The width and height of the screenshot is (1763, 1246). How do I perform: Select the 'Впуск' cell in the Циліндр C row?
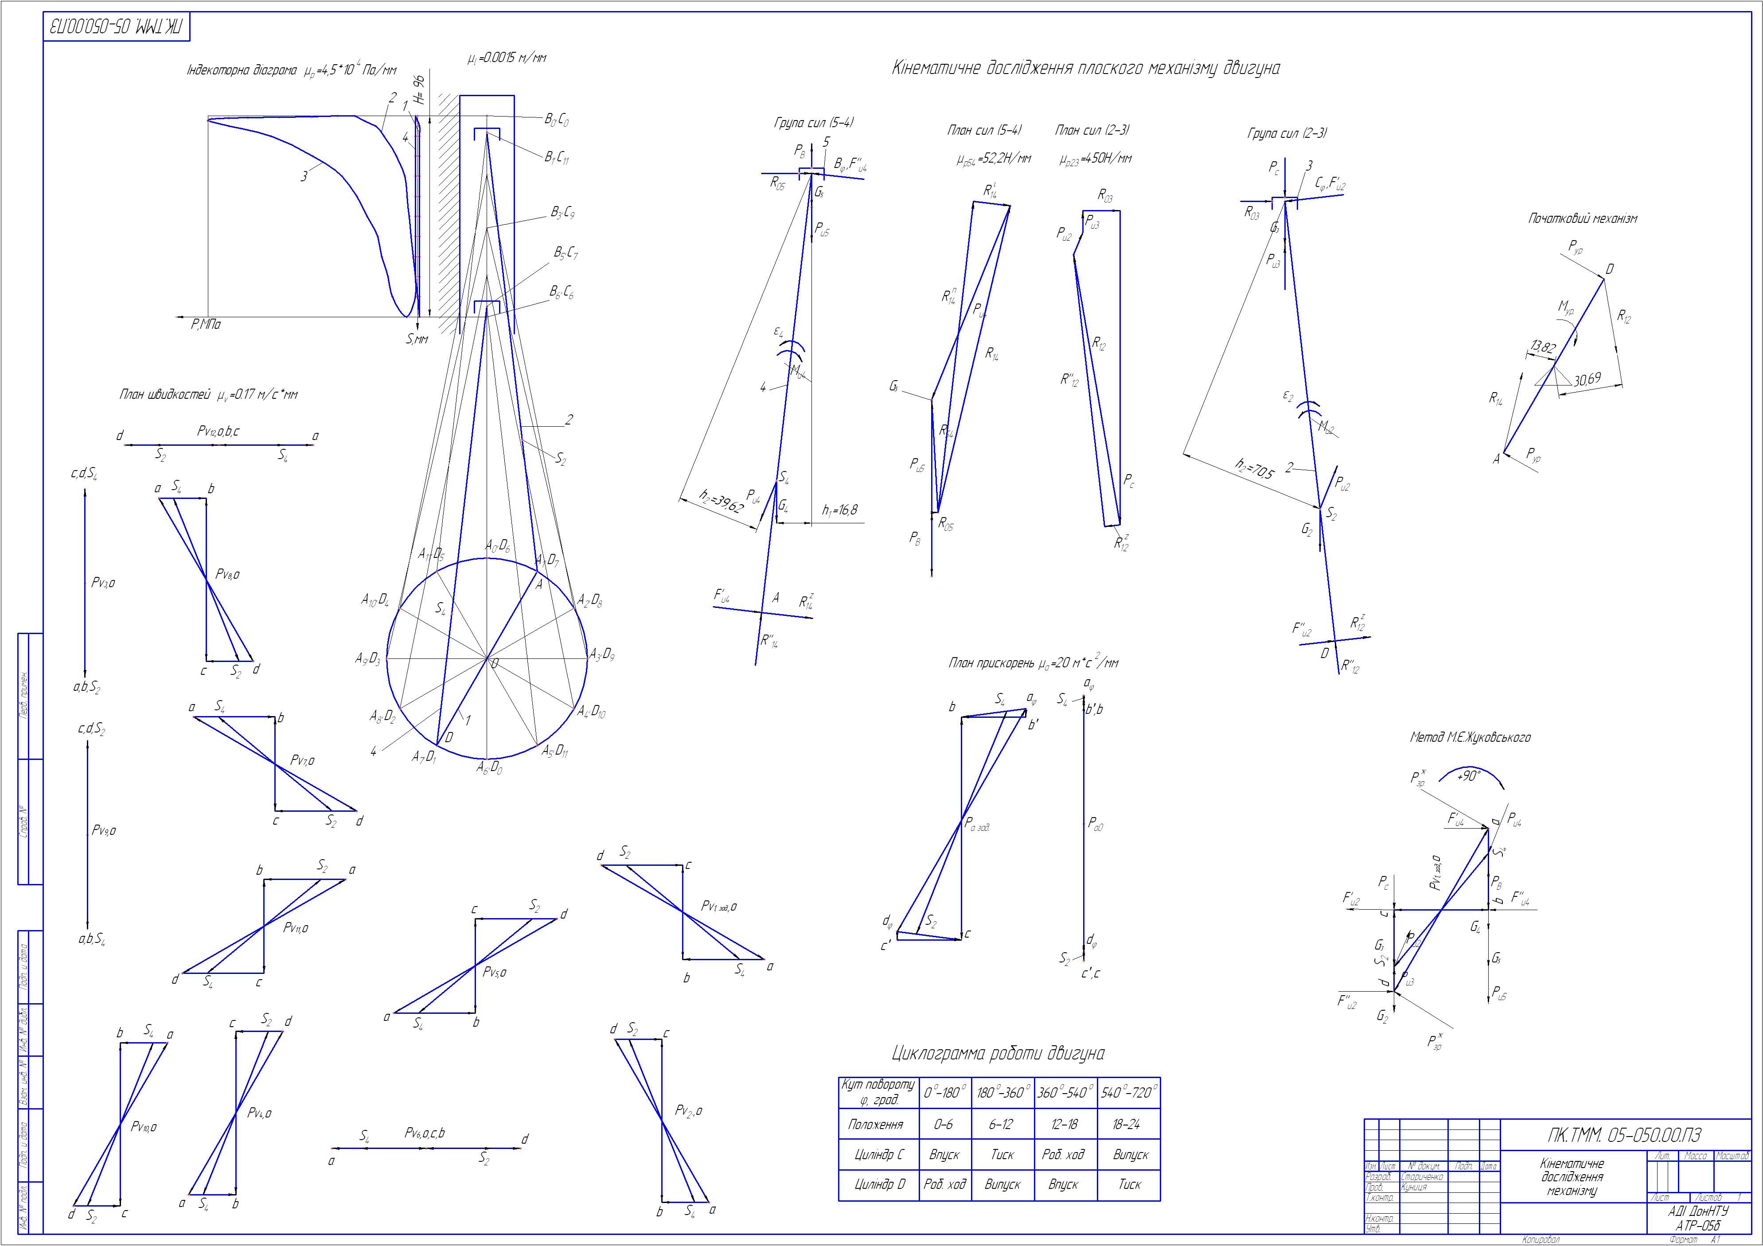tap(944, 1155)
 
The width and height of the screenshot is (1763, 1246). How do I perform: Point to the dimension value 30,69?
tap(1587, 379)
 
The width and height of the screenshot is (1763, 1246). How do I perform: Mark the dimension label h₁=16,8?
tap(839, 510)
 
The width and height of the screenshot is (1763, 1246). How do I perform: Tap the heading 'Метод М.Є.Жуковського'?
tap(1470, 738)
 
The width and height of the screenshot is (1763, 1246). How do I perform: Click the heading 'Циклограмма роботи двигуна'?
tap(998, 1053)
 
